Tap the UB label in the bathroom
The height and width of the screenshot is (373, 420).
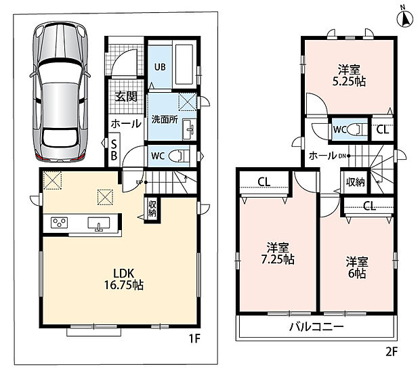(x=160, y=67)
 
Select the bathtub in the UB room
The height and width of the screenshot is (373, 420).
(x=184, y=64)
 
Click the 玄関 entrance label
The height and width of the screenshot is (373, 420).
(x=126, y=97)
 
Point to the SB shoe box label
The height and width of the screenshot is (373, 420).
(x=114, y=150)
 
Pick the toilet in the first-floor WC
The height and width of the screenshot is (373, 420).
(x=180, y=156)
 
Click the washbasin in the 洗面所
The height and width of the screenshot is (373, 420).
(x=190, y=130)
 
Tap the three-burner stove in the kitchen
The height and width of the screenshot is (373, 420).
(x=59, y=223)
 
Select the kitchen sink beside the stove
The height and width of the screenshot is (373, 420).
(x=99, y=224)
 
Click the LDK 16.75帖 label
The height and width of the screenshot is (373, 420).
(x=124, y=280)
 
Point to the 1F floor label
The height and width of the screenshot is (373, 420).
(x=194, y=339)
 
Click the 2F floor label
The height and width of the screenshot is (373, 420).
(x=392, y=352)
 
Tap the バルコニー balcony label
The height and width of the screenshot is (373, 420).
(x=316, y=327)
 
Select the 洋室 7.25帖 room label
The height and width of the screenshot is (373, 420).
(x=278, y=254)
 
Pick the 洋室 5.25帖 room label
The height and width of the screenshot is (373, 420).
(x=349, y=76)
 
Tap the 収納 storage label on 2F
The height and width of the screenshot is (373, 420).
(x=356, y=182)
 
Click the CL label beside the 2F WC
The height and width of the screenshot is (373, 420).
(x=382, y=130)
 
